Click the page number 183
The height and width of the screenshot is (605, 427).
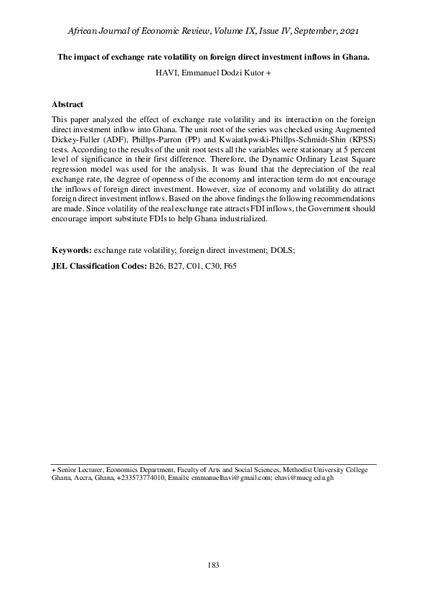click(213, 565)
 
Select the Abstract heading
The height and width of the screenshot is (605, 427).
click(67, 104)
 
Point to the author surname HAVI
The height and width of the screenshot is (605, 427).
click(166, 73)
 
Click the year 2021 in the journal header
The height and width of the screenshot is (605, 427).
click(344, 32)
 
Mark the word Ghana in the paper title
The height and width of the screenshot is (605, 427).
click(352, 57)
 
